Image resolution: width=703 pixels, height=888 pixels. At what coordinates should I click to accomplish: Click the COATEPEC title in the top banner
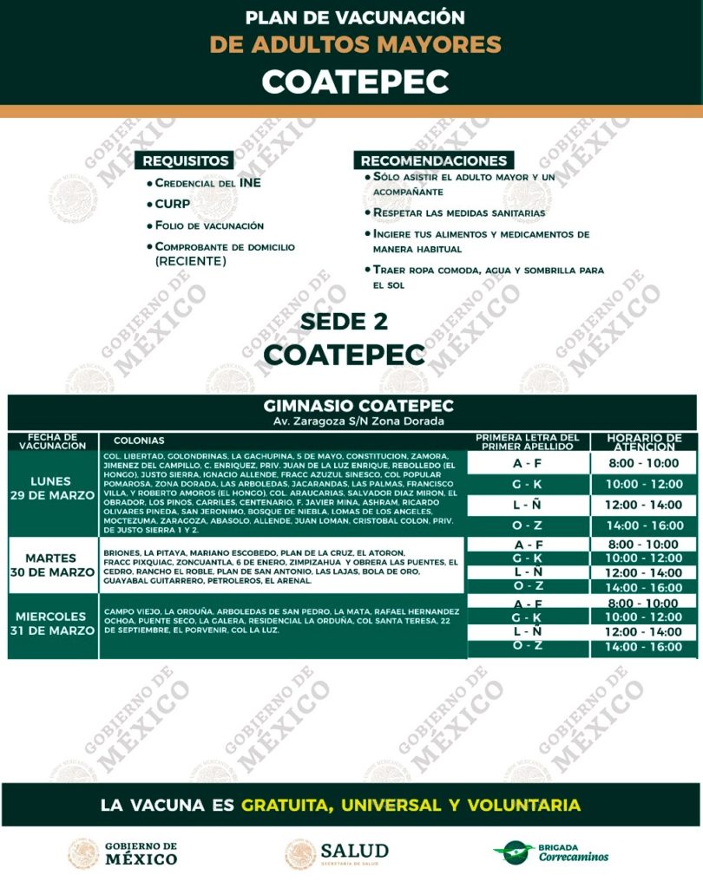pos(355,81)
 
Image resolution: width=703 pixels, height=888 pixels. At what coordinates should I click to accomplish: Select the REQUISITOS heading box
pos(187,160)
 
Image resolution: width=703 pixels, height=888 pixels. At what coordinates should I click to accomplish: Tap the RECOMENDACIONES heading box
pos(434,160)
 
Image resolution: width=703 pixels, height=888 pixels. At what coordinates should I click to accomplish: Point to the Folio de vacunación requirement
pos(208,225)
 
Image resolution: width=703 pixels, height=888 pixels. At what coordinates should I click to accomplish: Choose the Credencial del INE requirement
pos(207,183)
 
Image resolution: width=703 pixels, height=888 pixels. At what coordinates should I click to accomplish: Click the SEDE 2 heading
pos(345,322)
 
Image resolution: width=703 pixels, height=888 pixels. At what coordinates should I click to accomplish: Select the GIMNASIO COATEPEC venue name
pos(358,406)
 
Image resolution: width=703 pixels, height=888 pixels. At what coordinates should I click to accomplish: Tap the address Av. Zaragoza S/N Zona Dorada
pos(358,421)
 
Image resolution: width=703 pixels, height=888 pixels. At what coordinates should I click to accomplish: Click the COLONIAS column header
pos(139,441)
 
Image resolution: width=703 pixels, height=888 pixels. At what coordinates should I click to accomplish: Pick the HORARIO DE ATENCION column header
pos(644,441)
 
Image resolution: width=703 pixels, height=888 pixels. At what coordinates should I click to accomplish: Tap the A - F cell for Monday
pos(527,463)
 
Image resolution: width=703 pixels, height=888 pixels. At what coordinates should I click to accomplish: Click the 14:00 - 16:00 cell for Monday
pos(643,526)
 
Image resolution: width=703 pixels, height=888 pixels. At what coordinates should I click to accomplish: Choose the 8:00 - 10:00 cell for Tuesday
pos(643,545)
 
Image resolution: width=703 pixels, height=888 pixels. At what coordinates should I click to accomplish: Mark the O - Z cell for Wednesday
pos(527,646)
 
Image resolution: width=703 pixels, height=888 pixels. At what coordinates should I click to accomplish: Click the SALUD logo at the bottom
pos(338,853)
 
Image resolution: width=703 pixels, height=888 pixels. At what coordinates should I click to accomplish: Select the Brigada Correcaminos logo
pos(551,853)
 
